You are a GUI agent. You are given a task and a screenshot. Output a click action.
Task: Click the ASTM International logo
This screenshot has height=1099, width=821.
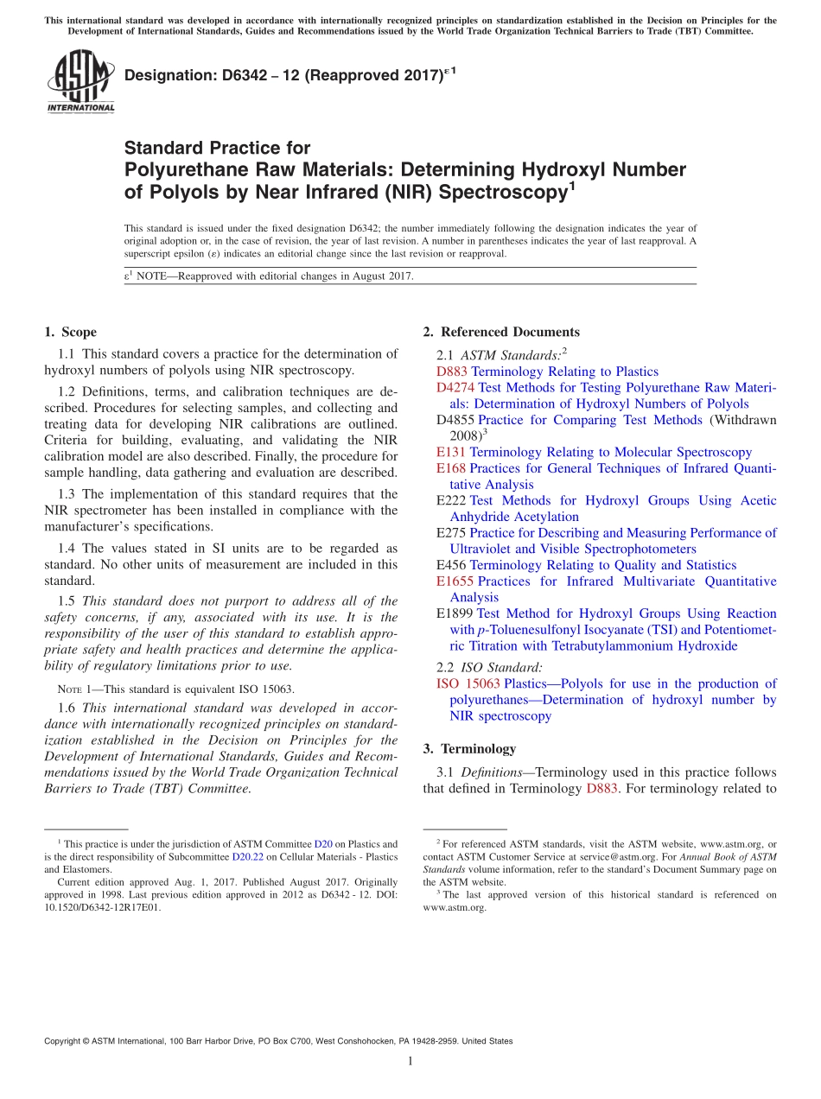(x=80, y=82)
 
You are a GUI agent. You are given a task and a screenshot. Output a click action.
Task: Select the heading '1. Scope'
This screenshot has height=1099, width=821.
(x=70, y=332)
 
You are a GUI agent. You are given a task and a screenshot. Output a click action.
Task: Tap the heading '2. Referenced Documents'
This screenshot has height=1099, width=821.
(x=501, y=332)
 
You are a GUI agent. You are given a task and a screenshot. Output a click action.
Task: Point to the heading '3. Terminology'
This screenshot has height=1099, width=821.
(x=469, y=748)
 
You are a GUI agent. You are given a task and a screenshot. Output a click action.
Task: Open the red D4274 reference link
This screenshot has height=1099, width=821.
(x=455, y=388)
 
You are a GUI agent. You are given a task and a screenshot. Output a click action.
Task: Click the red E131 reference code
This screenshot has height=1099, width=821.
(x=451, y=452)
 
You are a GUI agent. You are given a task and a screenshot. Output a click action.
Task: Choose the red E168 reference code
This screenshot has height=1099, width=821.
(x=451, y=468)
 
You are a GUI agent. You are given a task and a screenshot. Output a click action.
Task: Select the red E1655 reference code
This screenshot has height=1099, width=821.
(x=455, y=581)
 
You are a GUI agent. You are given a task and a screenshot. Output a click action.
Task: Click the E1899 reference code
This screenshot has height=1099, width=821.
(x=455, y=613)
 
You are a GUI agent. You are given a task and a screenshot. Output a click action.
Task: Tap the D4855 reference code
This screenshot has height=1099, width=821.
(x=455, y=420)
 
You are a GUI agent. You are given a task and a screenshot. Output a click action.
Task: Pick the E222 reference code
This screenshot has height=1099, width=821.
(x=451, y=500)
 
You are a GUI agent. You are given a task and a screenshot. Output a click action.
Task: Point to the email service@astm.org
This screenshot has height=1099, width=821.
(x=617, y=856)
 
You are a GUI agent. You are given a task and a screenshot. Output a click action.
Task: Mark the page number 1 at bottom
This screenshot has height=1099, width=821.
(x=410, y=1061)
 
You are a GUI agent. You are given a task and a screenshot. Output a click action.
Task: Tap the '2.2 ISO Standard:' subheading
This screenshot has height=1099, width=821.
(x=490, y=667)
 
